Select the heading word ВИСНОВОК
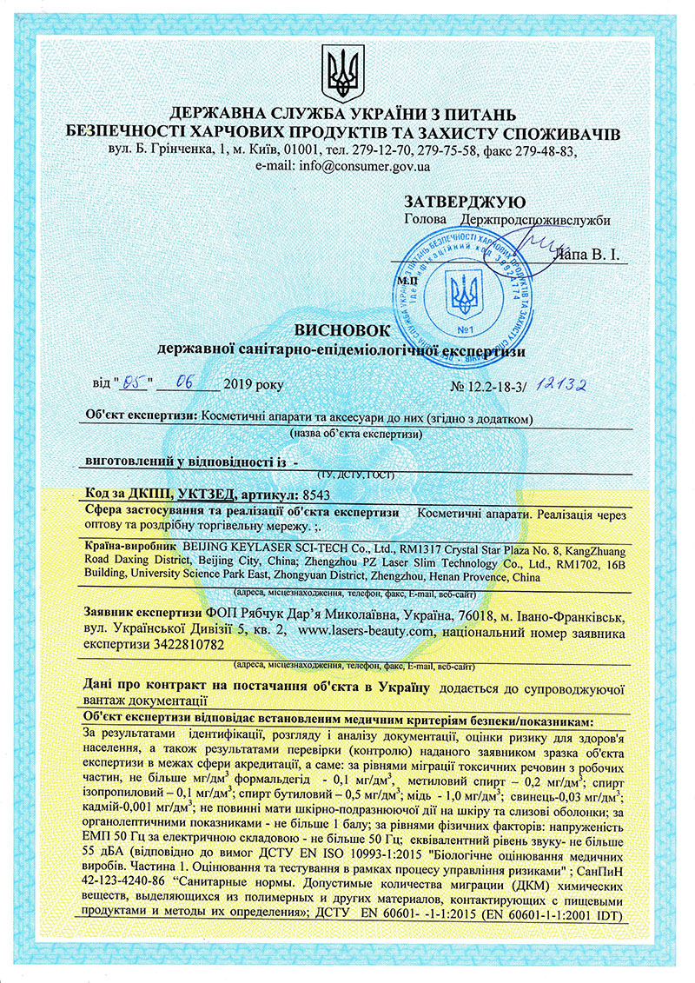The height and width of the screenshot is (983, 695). (x=342, y=331)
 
